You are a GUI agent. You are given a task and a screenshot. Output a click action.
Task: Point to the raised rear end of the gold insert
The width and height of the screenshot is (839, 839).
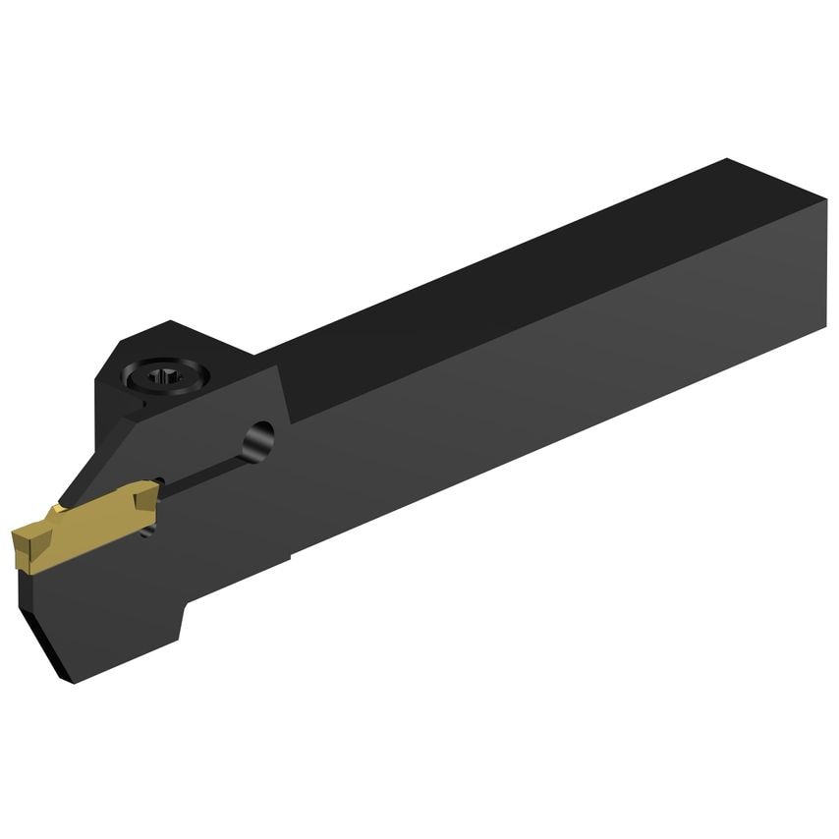[144, 491]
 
